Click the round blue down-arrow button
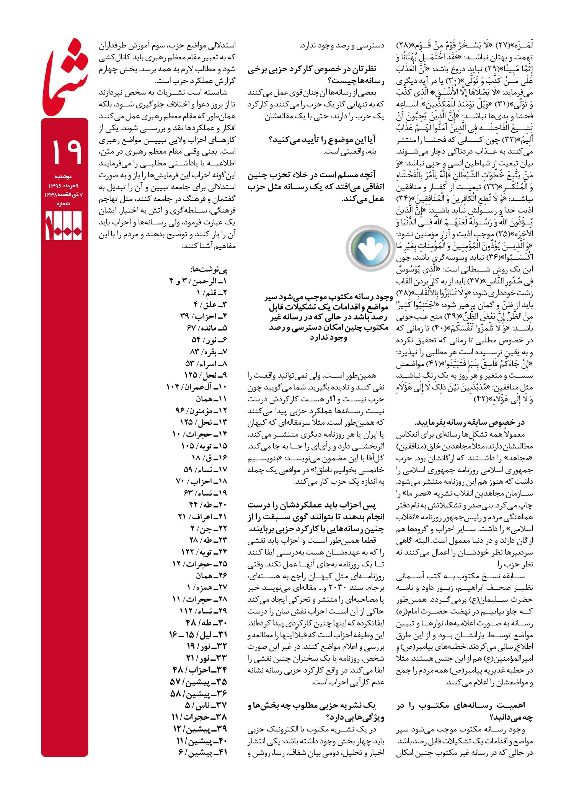point(368,248)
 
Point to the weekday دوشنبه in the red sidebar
point(64,177)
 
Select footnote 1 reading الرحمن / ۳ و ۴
point(198,281)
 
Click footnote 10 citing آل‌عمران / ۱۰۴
point(197,387)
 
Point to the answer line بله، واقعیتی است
point(351,152)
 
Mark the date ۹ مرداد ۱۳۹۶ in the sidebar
point(64,186)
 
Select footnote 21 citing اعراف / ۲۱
point(203,517)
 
